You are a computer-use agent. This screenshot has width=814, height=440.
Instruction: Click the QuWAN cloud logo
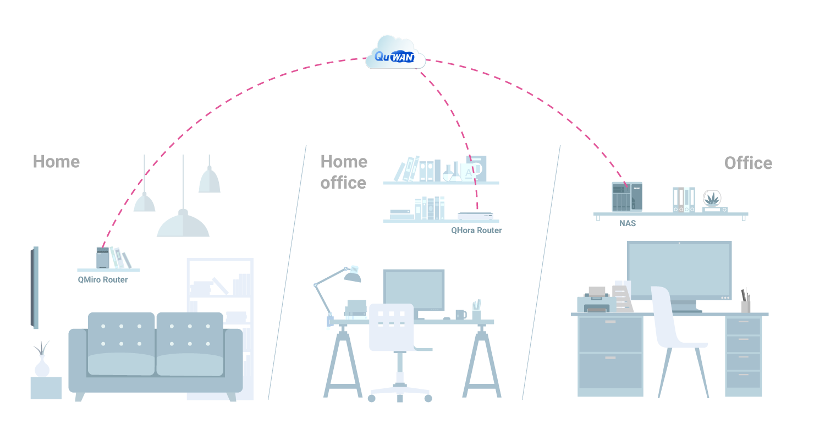pyautogui.click(x=395, y=54)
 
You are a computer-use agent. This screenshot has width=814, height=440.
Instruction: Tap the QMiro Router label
pyautogui.click(x=102, y=280)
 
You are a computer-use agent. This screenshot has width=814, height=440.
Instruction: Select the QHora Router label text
pyautogui.click(x=476, y=230)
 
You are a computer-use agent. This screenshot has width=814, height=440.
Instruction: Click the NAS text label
pyautogui.click(x=628, y=223)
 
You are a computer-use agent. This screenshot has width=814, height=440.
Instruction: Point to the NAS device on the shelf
pyautogui.click(x=626, y=196)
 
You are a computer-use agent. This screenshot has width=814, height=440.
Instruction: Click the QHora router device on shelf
pyautogui.click(x=475, y=216)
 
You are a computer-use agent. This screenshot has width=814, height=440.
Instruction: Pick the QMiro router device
pyautogui.click(x=103, y=257)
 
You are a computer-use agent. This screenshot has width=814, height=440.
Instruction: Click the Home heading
pyautogui.click(x=56, y=162)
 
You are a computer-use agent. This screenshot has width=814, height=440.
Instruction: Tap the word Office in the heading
pyautogui.click(x=748, y=163)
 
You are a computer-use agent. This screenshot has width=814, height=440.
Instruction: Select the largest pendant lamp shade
pyautogui.click(x=183, y=226)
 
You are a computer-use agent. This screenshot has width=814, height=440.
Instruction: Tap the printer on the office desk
pyautogui.click(x=595, y=301)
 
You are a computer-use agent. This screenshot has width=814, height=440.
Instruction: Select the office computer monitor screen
pyautogui.click(x=679, y=270)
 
